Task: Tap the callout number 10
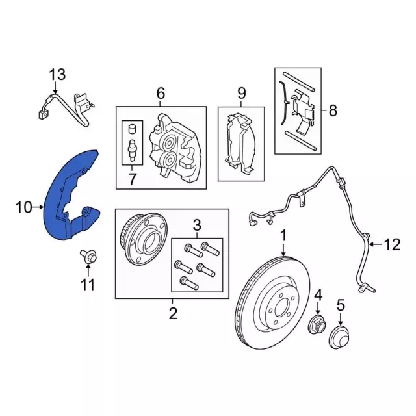tap(24, 207)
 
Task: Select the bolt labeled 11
tap(88, 257)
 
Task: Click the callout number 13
tap(58, 75)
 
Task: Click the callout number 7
tap(132, 179)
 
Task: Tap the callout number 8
tap(333, 110)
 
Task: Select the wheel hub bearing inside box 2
tap(144, 239)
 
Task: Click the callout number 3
tap(197, 226)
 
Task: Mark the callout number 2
tap(173, 313)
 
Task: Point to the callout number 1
tap(283, 237)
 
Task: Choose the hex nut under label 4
tap(318, 324)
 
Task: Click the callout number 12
tap(393, 245)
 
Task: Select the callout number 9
tap(241, 94)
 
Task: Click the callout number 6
tap(161, 94)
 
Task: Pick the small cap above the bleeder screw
tap(132, 129)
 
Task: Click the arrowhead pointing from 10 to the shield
tap(41, 207)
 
